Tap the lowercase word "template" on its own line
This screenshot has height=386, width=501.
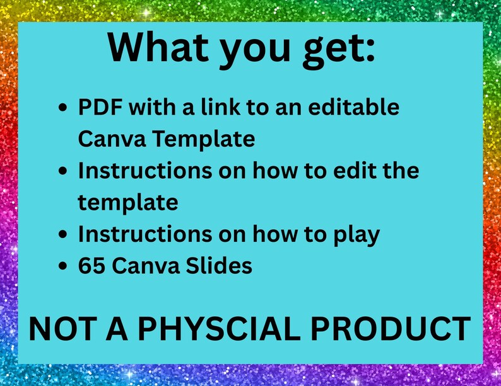[128, 203]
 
